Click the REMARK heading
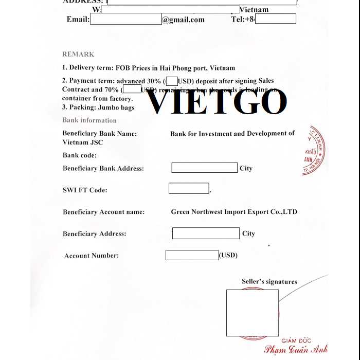tap(78, 54)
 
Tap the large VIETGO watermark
tap(217, 101)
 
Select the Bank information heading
tap(89, 120)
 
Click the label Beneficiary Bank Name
tap(100, 134)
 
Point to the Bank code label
tap(80, 155)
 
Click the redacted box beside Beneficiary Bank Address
tap(204, 168)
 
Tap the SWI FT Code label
tap(85, 190)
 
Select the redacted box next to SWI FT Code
tap(189, 189)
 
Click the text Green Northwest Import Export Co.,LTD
tap(234, 212)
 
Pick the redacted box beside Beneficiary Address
tap(206, 233)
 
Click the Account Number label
tap(92, 256)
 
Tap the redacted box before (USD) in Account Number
tap(192, 255)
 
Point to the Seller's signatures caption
tap(269, 281)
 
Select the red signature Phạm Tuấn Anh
tap(296, 349)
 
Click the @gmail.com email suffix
tap(183, 20)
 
